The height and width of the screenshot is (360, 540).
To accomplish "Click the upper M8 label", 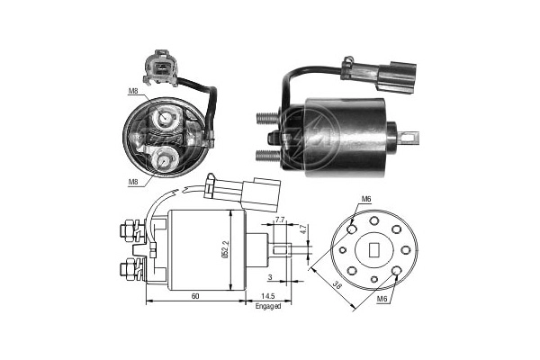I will [132, 91].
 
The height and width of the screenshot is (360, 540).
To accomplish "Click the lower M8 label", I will [133, 182].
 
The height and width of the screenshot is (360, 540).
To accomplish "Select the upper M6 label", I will [366, 200].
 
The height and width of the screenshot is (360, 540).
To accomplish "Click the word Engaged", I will [267, 306].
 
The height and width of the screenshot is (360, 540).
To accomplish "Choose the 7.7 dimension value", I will [279, 220].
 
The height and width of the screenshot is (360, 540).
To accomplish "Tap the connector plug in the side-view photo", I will [375, 69].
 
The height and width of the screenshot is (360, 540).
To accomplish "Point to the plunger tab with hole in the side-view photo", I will [410, 139].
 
